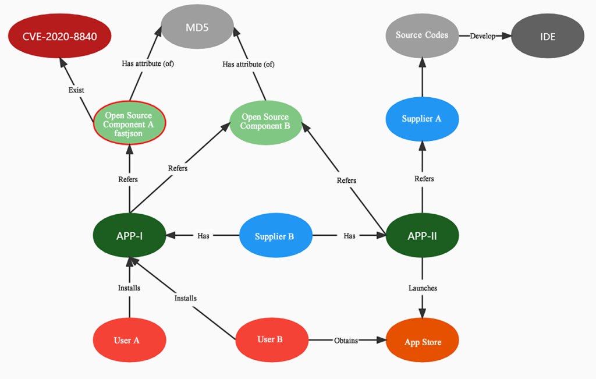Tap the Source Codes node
click(x=422, y=35)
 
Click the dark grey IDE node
click(x=548, y=37)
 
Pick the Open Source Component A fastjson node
click(x=129, y=125)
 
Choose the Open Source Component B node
click(x=265, y=122)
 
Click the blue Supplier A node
click(x=422, y=119)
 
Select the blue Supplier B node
click(x=275, y=236)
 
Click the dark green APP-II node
click(x=423, y=236)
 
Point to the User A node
click(x=129, y=340)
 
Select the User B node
click(x=271, y=339)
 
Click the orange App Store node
click(x=423, y=342)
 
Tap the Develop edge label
click(x=483, y=36)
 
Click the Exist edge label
click(x=76, y=90)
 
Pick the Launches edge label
click(x=423, y=288)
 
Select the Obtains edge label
click(x=346, y=340)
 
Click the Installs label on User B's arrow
click(x=186, y=298)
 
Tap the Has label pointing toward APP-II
click(x=349, y=236)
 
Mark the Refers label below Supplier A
click(x=424, y=179)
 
